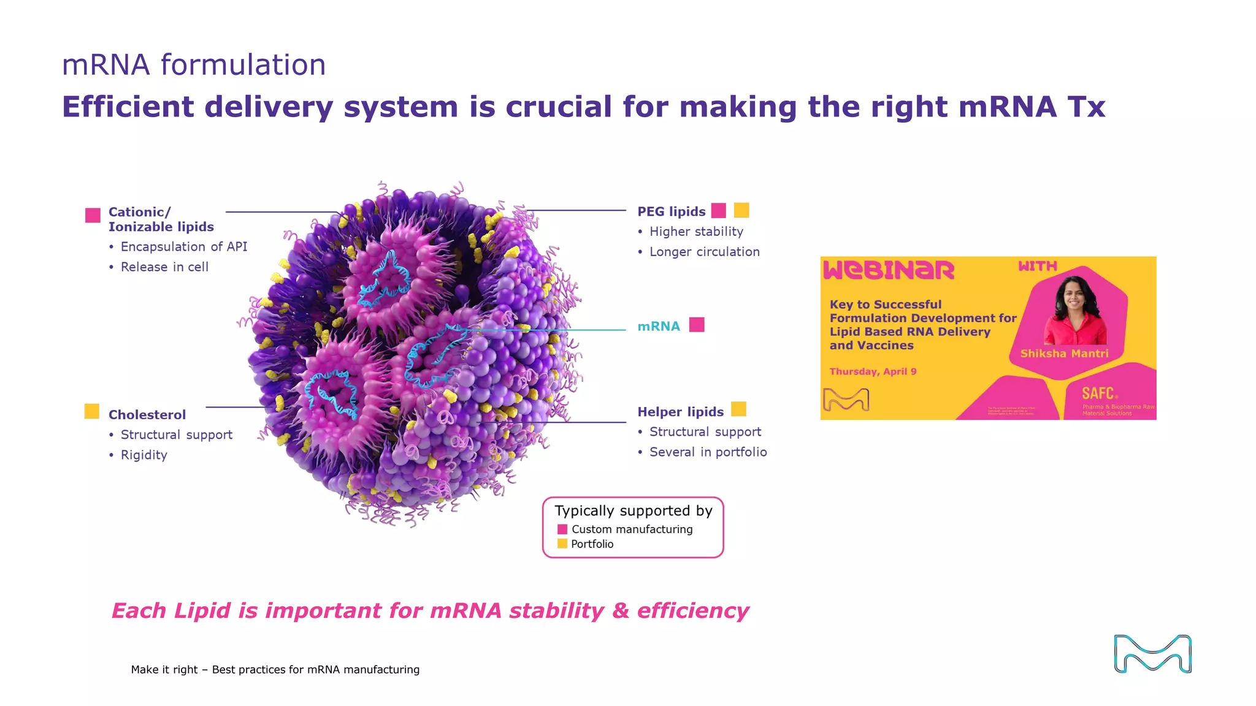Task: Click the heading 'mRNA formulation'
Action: (194, 65)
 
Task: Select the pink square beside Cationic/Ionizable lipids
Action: (93, 215)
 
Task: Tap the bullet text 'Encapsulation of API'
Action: (183, 247)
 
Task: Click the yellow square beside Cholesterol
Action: (92, 411)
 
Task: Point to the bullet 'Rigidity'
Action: (144, 455)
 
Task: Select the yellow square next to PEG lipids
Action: (741, 210)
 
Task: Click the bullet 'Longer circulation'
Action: (704, 252)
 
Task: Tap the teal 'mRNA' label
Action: (659, 326)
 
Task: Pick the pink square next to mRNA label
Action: (697, 324)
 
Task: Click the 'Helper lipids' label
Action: (680, 412)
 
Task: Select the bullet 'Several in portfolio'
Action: (708, 452)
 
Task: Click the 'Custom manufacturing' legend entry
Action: (632, 529)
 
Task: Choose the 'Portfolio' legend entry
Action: (592, 544)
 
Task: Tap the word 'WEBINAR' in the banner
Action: (889, 270)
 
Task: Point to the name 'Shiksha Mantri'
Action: (1064, 354)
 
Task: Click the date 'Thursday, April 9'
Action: (873, 371)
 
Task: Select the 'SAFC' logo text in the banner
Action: (1098, 393)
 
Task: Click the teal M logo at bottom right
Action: (1152, 654)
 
